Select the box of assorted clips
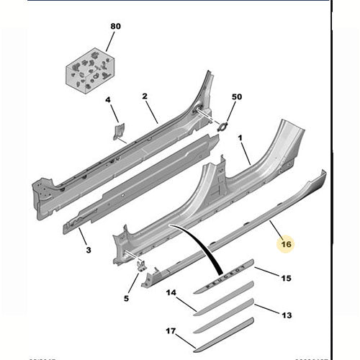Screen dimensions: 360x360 [x=89, y=71]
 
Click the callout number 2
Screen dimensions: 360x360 [x=145, y=96]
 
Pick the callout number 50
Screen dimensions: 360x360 [x=237, y=96]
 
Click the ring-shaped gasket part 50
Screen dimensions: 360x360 [x=223, y=127]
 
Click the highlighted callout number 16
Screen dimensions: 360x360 [x=286, y=244]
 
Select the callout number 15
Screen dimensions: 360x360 [x=286, y=278]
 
